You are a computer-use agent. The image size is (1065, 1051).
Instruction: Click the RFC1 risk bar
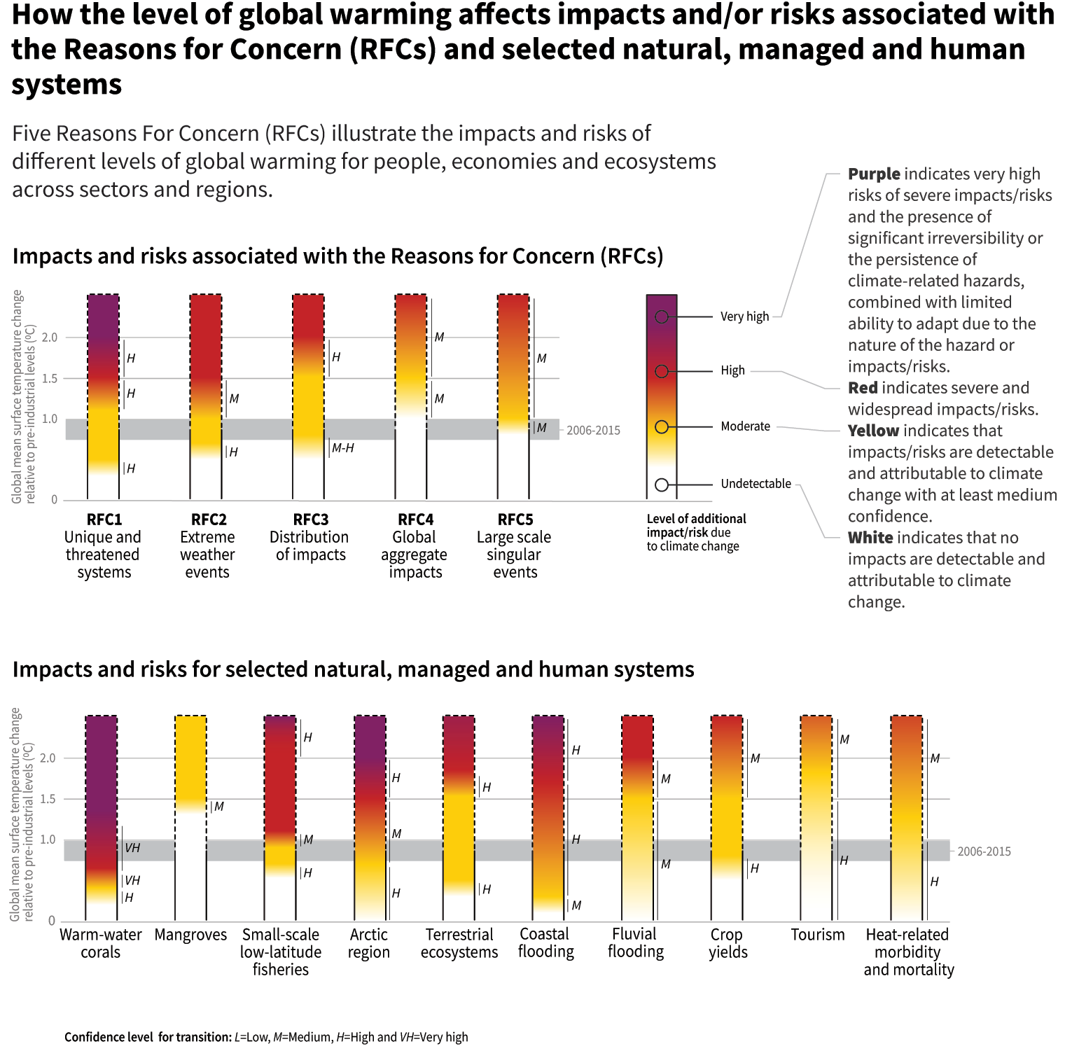click(x=103, y=396)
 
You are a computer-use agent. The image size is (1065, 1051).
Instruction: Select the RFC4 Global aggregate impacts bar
click(x=411, y=396)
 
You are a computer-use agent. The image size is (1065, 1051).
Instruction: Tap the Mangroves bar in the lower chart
click(x=190, y=818)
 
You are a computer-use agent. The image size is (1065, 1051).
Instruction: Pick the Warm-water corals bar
click(x=101, y=818)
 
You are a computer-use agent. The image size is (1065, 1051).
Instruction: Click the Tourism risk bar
click(x=816, y=818)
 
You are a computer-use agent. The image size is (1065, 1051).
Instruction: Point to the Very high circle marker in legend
click(x=661, y=317)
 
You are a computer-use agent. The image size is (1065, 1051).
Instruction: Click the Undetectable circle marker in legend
click(x=661, y=485)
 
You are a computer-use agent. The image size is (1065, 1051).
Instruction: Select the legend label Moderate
click(x=745, y=426)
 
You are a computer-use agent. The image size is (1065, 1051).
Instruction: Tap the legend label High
click(x=732, y=370)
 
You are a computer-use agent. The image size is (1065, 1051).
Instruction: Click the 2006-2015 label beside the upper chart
click(x=593, y=431)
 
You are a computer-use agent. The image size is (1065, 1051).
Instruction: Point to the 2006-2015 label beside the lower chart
click(x=984, y=851)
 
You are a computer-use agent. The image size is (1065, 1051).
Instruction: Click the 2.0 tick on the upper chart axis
click(x=50, y=337)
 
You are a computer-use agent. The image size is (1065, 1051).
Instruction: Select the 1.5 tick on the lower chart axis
click(x=48, y=799)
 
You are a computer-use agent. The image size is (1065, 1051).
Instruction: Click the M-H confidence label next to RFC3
click(x=342, y=448)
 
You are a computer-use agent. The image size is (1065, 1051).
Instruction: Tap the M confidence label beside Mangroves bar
click(x=219, y=807)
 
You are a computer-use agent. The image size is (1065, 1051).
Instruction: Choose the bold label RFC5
click(x=515, y=520)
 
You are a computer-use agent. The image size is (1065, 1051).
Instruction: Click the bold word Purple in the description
click(x=873, y=174)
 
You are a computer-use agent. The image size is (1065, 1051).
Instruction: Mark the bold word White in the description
click(x=870, y=538)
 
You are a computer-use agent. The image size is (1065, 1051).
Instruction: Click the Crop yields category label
click(x=728, y=943)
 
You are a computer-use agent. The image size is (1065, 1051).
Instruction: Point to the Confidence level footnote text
click(x=266, y=1037)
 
